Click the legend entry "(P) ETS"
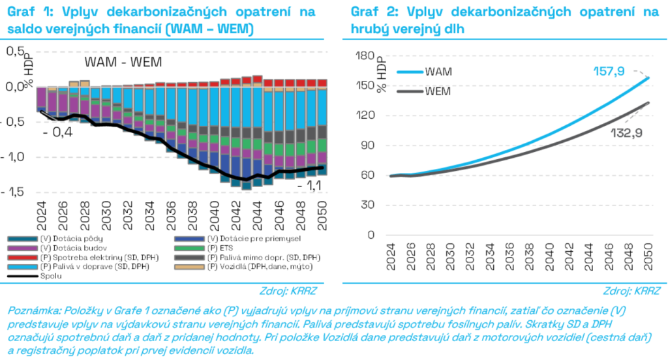coord(215,248)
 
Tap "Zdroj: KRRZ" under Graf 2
coord(631,290)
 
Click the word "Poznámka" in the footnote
coord(30,309)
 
